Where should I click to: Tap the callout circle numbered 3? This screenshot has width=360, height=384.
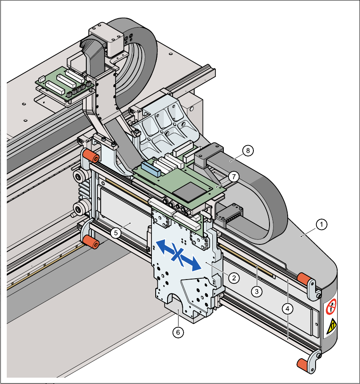click(256, 291)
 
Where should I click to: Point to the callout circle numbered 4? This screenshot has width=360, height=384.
click(288, 309)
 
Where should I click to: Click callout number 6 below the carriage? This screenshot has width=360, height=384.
click(178, 332)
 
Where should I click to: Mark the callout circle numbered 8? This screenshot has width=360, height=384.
click(248, 150)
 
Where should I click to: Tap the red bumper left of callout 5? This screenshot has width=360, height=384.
click(90, 242)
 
